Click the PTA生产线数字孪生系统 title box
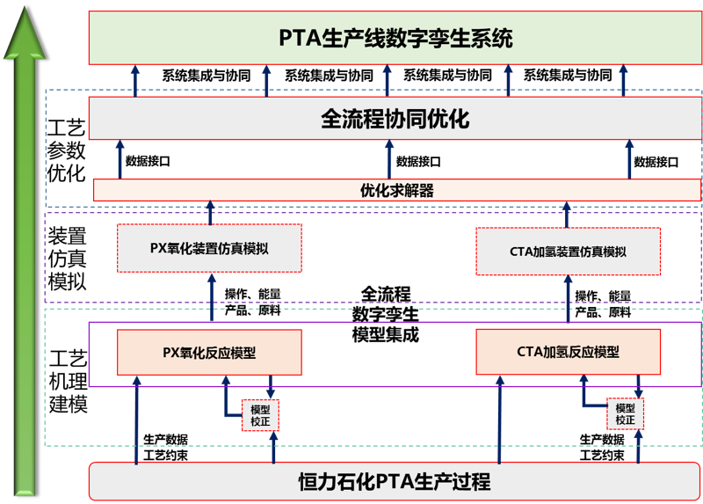coord(395,39)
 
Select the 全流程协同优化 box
coord(395,119)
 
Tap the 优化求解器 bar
coord(397,190)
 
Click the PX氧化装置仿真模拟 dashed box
coord(209,249)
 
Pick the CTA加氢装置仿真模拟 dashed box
coord(569,252)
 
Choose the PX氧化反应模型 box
coord(209,353)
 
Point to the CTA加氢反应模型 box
coord(569,352)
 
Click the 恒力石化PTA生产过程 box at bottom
coord(395,481)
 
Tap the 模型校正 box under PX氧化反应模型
coord(260,415)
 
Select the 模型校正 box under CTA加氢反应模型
coord(625,414)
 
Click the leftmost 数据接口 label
coord(148,162)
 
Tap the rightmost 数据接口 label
coord(656,162)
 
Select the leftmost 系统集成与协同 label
coord(207,76)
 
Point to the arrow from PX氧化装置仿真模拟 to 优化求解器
coord(210,213)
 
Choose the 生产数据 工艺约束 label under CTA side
coord(602,448)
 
